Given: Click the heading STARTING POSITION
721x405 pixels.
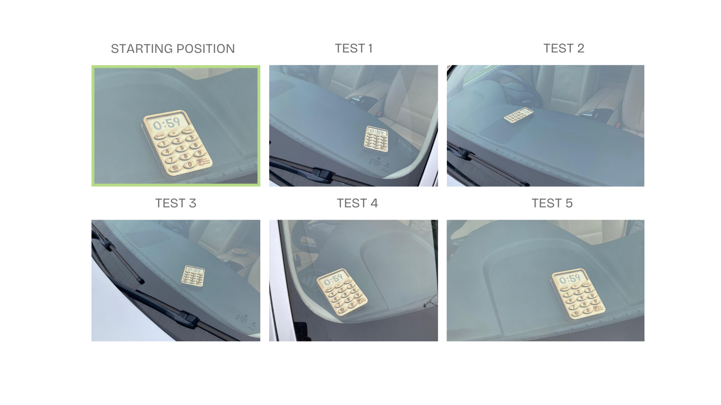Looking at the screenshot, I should [x=173, y=49].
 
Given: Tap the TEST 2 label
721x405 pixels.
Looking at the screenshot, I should [x=564, y=48].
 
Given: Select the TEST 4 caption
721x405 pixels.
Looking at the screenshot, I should [x=357, y=203].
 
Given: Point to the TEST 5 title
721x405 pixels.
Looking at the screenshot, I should [x=552, y=203].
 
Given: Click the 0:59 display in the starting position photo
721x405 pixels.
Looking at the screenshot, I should [x=167, y=123].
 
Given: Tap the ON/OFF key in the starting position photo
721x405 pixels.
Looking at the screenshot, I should [x=160, y=136].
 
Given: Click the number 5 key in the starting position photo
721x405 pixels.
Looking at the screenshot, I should [x=182, y=148].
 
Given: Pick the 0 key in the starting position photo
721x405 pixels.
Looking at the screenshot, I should [x=190, y=164].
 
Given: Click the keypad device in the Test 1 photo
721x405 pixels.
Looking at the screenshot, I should [x=376, y=139].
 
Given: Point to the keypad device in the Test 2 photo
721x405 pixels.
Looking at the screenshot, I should [x=519, y=115].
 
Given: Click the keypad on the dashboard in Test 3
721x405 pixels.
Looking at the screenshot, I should [x=193, y=275].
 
